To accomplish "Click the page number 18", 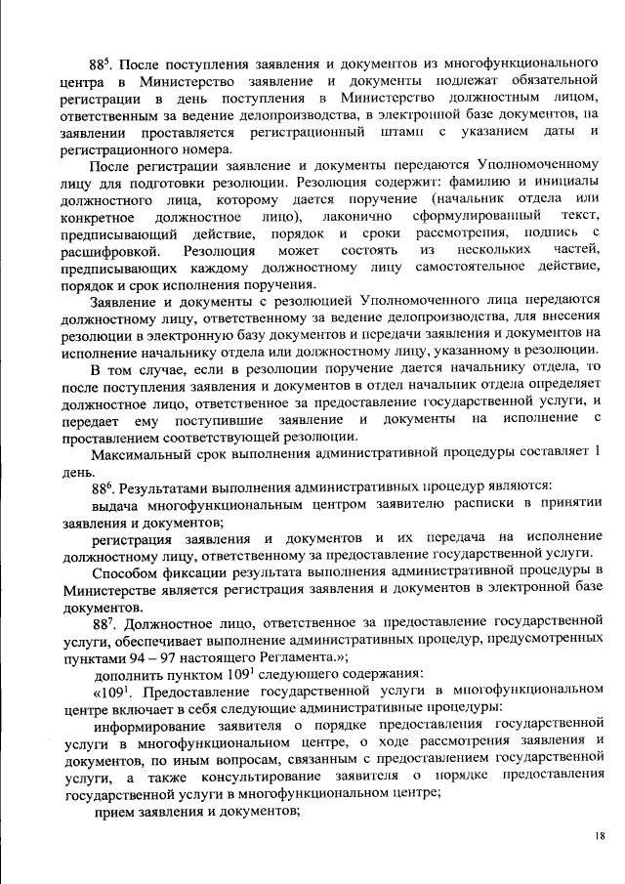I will [x=599, y=836].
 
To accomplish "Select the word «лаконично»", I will [x=354, y=215].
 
